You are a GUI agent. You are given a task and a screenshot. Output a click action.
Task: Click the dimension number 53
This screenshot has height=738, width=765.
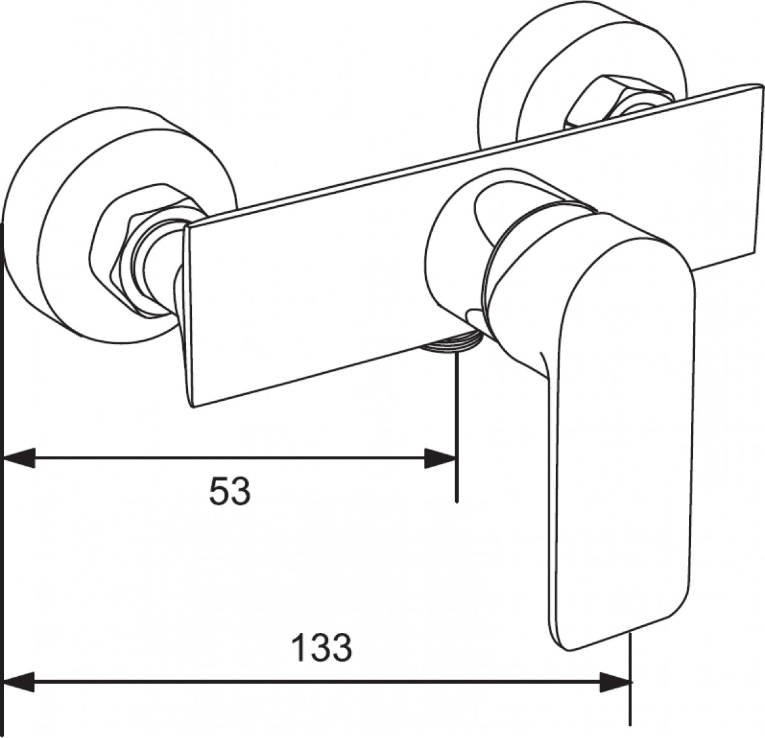coord(230,491)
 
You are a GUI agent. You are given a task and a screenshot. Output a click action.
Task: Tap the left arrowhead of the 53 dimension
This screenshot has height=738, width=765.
coord(19,458)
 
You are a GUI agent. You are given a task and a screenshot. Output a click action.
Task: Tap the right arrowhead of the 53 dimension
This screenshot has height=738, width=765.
coord(441,458)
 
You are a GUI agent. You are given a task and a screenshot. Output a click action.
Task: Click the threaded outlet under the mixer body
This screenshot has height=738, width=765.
coord(452,341)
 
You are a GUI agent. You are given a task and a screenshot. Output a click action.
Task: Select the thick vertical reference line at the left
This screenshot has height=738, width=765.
coord(3,479)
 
